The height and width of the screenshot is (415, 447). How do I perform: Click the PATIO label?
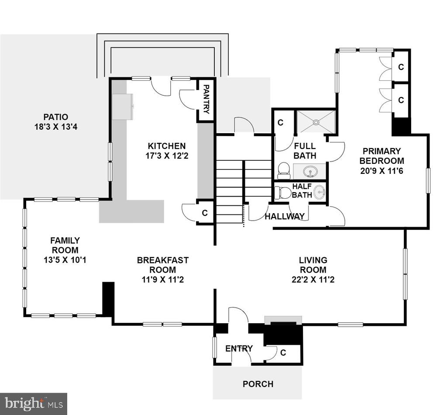56,117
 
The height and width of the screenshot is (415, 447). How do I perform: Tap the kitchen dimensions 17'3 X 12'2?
167,156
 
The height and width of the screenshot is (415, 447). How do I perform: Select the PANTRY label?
206,99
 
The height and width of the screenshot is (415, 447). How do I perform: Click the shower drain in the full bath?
316,122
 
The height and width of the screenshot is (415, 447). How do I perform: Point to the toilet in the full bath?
283,170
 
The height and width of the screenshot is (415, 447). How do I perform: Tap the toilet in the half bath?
282,193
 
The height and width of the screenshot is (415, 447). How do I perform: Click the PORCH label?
258,384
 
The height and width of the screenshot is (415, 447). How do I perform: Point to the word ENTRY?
239,348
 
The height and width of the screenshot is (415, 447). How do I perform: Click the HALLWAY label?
285,217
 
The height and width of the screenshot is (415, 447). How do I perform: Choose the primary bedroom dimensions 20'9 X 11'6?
382,171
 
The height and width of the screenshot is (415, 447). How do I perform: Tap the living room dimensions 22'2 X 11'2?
313,280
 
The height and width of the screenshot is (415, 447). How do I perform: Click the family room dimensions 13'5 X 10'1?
65,260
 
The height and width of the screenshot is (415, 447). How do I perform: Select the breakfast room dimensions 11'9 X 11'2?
163,280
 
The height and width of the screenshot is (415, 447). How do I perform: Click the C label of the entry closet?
283,353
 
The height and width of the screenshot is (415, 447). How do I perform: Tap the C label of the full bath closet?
281,122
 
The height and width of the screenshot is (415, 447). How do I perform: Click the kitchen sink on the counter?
123,107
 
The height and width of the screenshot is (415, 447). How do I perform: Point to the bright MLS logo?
34,404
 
